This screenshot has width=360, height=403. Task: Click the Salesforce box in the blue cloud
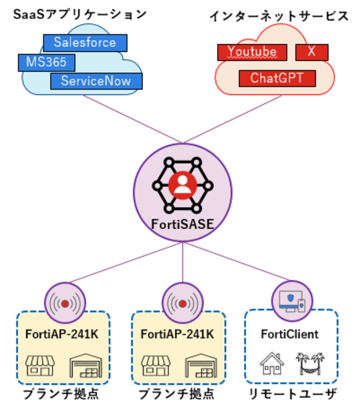85,43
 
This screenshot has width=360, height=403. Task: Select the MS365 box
46,62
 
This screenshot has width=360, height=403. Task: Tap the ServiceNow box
96,81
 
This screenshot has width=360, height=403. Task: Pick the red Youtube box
252,52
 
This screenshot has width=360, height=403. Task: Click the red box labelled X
312,52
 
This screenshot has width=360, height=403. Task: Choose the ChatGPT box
277,78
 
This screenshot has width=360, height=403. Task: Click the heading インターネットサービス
279,16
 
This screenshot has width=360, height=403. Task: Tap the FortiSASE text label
183,224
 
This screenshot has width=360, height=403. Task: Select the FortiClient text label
290,334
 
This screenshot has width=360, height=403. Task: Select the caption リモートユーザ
293,393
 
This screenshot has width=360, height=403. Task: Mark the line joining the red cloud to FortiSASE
232,119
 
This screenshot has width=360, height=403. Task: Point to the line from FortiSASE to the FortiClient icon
238,262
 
